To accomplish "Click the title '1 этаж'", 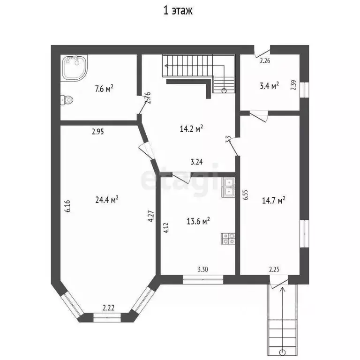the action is (x=178, y=11).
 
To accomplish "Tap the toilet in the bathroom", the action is (x=67, y=100).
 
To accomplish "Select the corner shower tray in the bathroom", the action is (x=75, y=67).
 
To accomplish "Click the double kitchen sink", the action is (x=228, y=187).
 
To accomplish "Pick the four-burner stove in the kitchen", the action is (x=228, y=239).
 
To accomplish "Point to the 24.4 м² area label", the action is (x=107, y=200).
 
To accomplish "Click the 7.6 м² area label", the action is (x=104, y=89).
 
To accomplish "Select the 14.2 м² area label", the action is (x=191, y=129).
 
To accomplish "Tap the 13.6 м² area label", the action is (x=198, y=221).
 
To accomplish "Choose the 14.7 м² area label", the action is (x=273, y=201).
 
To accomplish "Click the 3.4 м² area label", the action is (x=270, y=86).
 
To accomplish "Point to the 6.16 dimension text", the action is (x=67, y=206).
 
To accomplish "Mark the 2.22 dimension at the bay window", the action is (x=108, y=307).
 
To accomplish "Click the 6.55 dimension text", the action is (x=246, y=195).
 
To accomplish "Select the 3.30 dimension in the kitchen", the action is (x=202, y=269).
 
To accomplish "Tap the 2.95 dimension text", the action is (x=98, y=132).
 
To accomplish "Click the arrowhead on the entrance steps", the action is (x=282, y=289).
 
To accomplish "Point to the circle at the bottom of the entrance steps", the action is (x=282, y=352).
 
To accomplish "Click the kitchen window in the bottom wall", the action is (x=203, y=279).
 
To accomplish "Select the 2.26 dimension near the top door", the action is (x=265, y=61).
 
